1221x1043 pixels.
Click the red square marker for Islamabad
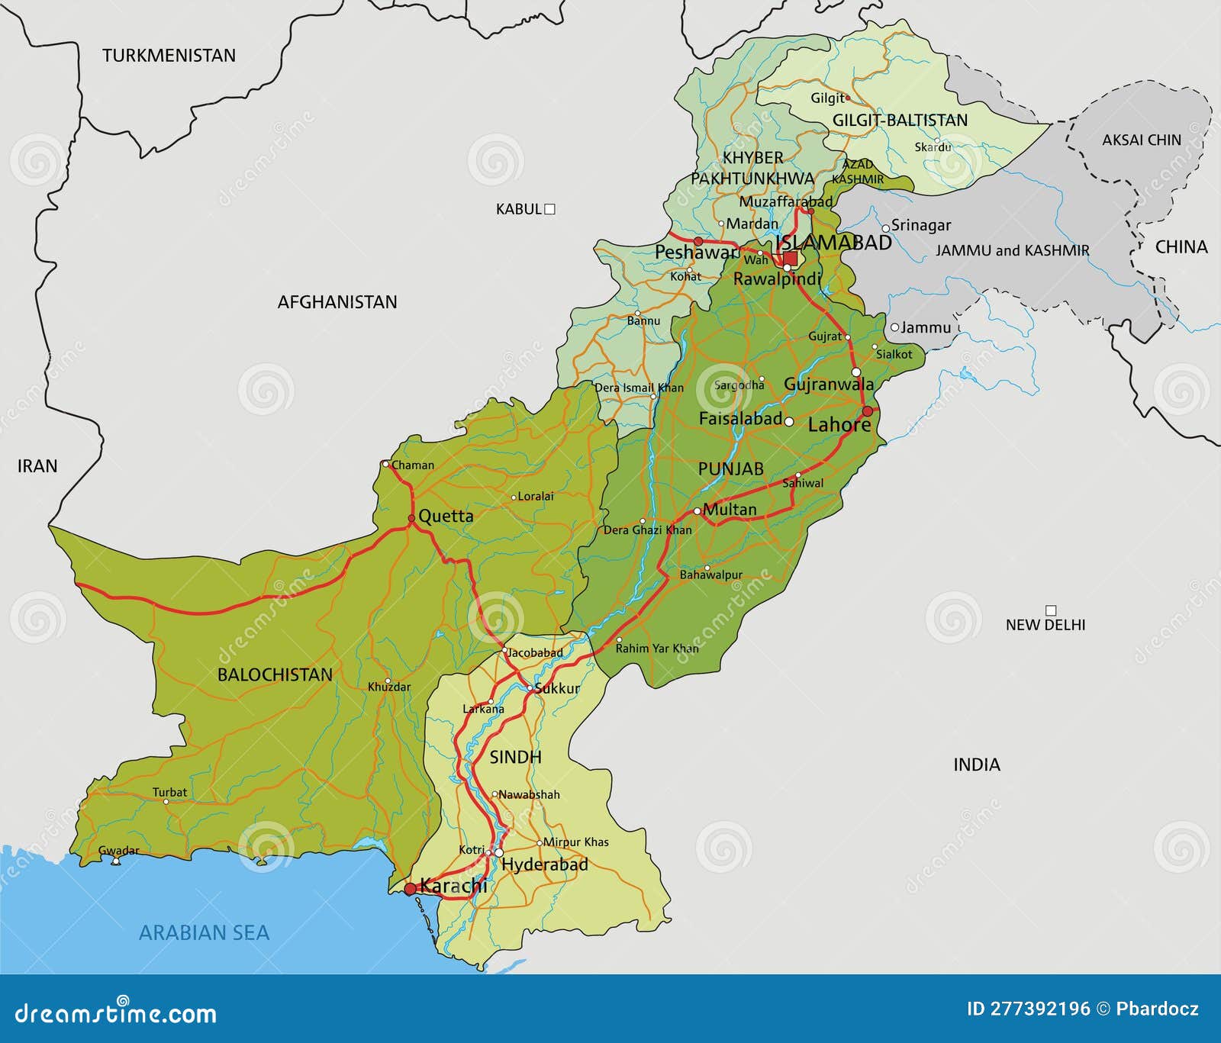tap(791, 259)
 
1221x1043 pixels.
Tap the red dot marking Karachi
tap(411, 889)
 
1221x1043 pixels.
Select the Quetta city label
tap(446, 516)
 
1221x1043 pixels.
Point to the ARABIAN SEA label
tap(204, 932)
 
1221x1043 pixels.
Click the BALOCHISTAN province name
tap(275, 674)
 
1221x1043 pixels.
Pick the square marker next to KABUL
tap(549, 209)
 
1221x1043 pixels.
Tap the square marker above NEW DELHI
tap(1051, 610)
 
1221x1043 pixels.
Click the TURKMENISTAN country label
tap(169, 56)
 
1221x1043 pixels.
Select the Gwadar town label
tap(119, 851)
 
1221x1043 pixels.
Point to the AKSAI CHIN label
tap(1141, 140)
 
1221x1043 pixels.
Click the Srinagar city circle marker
tap(886, 227)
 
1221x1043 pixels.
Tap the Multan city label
tap(730, 509)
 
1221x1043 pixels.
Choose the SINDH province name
tap(515, 757)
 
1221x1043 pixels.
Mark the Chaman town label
tap(413, 465)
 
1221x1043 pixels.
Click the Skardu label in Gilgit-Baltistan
tap(933, 146)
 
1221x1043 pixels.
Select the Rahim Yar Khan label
tap(657, 648)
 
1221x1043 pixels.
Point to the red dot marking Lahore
tap(867, 411)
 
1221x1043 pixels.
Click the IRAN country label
tap(37, 465)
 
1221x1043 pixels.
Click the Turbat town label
tap(169, 792)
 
